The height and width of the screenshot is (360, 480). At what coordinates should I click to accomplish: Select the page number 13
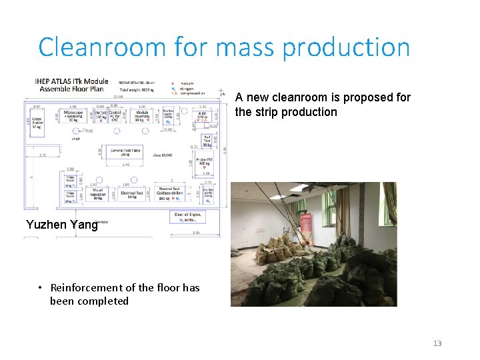click(x=437, y=343)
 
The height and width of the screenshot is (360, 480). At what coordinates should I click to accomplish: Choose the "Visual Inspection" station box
click(x=97, y=194)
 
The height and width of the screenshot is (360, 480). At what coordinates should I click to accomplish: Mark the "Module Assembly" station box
click(x=141, y=116)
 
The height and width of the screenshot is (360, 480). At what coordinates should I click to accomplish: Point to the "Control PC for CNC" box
click(x=114, y=116)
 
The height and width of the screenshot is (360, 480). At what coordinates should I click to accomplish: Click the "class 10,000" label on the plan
click(x=163, y=154)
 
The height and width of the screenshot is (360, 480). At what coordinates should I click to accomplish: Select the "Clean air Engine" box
click(x=189, y=216)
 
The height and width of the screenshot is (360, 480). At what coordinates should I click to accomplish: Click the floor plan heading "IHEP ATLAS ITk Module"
click(x=71, y=81)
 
